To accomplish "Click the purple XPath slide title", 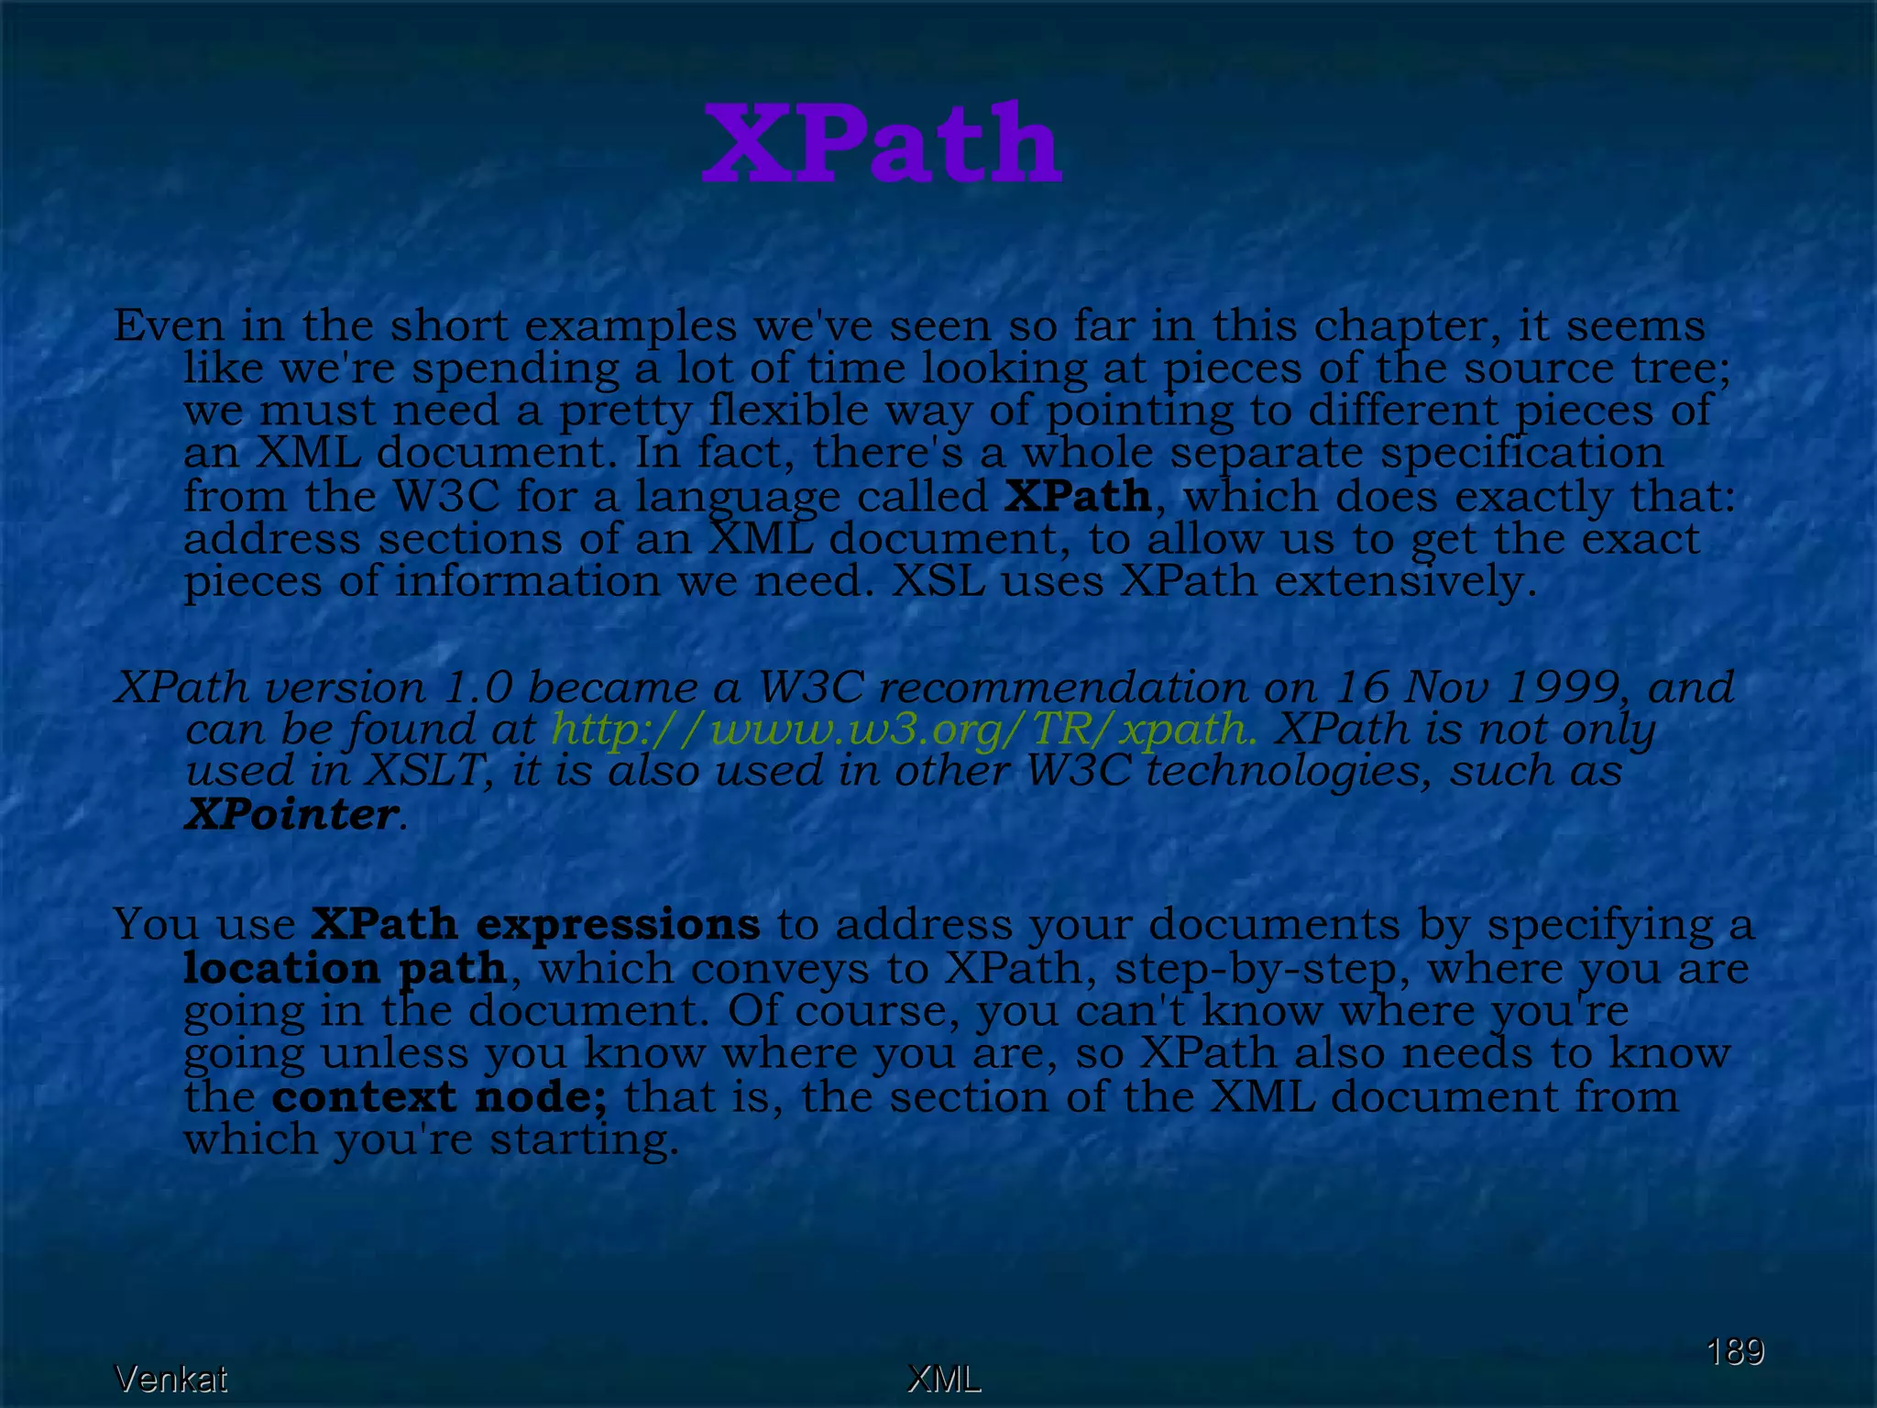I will tap(882, 144).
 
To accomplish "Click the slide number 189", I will tap(1734, 1351).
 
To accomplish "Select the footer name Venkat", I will tap(170, 1379).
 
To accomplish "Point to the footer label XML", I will tap(943, 1379).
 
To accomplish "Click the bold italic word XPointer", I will tap(291, 814).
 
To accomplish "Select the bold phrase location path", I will tap(345, 968).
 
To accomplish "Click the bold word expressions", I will tap(618, 924).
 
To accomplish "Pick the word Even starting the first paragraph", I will tap(169, 325).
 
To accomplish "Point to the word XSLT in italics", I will tap(423, 771).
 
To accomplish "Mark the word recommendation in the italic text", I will tap(1062, 687).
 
